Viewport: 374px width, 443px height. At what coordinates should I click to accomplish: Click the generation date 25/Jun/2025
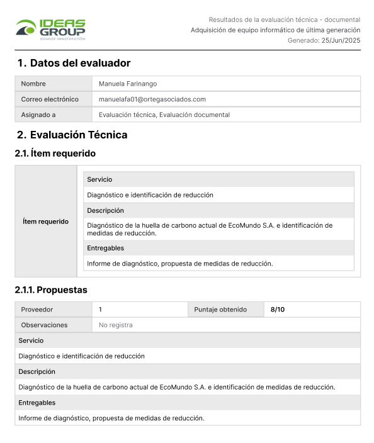pos(341,40)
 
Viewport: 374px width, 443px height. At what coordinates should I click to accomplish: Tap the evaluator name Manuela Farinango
pos(128,84)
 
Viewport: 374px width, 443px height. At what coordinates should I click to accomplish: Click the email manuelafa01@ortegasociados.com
pos(152,99)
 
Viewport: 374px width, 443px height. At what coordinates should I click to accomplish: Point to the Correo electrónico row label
pos(50,99)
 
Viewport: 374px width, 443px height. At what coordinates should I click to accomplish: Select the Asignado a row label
pos(38,115)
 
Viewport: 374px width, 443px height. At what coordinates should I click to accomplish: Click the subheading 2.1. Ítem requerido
pos(55,153)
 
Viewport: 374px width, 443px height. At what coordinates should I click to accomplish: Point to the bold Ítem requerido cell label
pos(45,221)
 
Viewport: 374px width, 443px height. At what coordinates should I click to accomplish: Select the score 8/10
pos(278,310)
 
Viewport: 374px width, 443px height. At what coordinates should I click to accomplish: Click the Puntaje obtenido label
pos(220,310)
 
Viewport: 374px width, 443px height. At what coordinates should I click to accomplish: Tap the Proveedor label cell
pos(37,310)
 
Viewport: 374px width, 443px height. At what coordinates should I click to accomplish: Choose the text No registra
pos(116,325)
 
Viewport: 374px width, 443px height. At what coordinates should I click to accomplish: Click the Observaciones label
pos(44,325)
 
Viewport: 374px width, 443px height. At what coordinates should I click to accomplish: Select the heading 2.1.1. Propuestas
pos(51,290)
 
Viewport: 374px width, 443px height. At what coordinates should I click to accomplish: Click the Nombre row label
pos(33,84)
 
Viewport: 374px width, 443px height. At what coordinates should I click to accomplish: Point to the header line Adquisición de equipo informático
pos(275,30)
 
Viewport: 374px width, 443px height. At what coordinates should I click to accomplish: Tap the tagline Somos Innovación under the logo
pos(62,38)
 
